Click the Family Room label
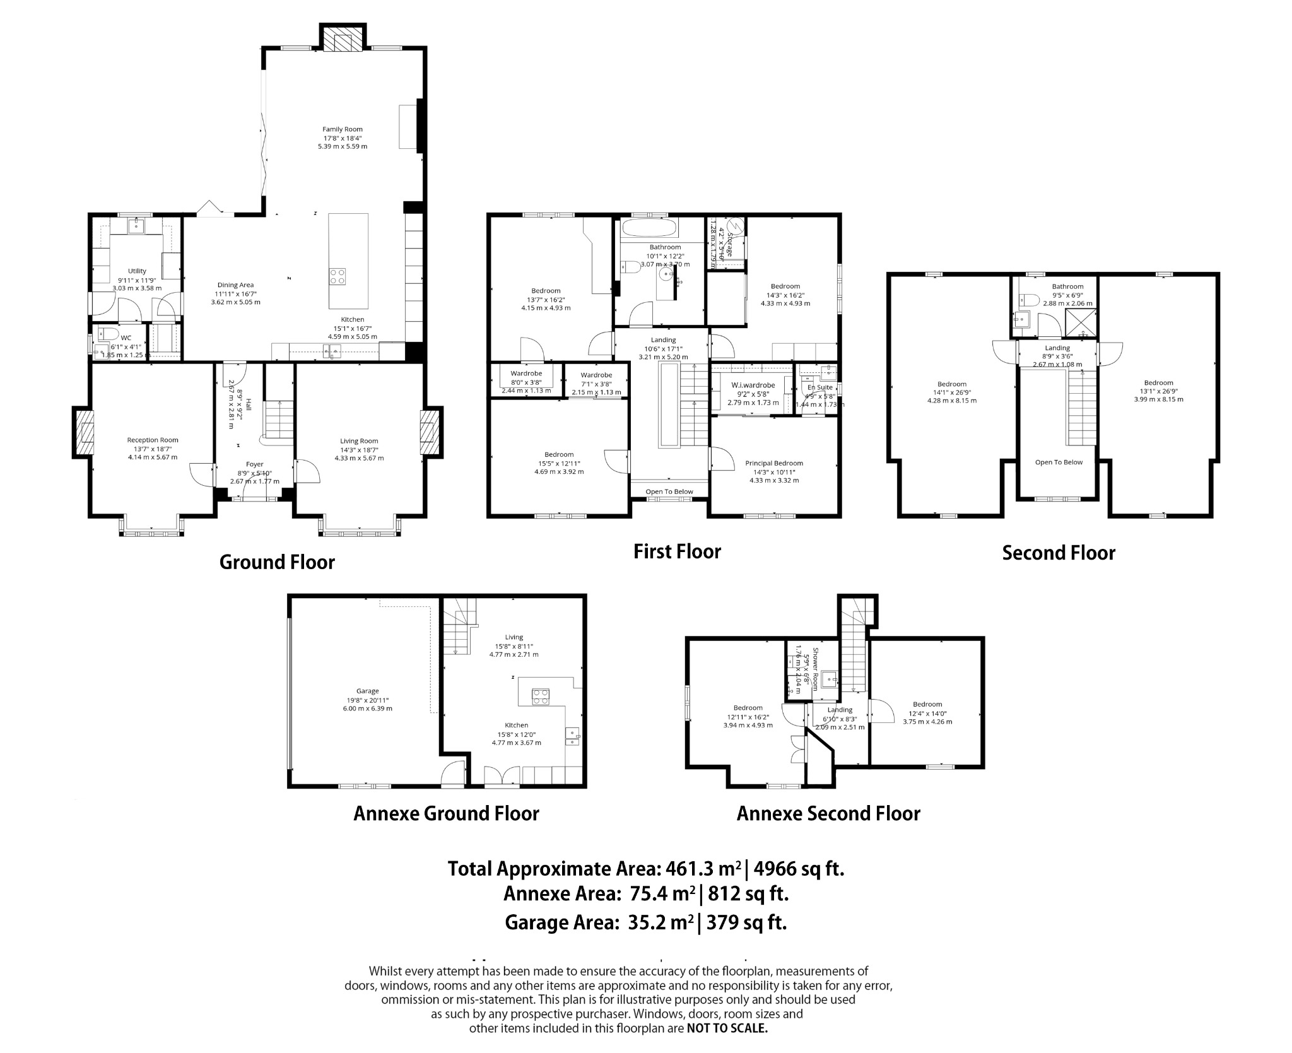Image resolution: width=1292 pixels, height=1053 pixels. pyautogui.click(x=343, y=129)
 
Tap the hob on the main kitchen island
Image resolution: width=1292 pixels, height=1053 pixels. pyautogui.click(x=338, y=276)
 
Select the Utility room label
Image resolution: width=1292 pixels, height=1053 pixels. pyautogui.click(x=137, y=271)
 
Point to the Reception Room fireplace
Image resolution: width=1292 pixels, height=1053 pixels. pyautogui.click(x=83, y=432)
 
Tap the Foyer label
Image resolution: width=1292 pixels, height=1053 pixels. pyautogui.click(x=254, y=464)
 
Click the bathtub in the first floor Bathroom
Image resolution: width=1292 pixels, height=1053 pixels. pyautogui.click(x=649, y=228)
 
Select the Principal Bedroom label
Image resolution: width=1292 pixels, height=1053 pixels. pyautogui.click(x=774, y=463)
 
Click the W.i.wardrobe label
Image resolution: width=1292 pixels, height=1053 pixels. pyautogui.click(x=753, y=385)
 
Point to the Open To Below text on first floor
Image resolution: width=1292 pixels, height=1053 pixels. pyautogui.click(x=669, y=492)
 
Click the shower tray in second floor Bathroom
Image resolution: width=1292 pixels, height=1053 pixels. pyautogui.click(x=1080, y=322)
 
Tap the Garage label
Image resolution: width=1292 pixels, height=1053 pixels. pyautogui.click(x=367, y=691)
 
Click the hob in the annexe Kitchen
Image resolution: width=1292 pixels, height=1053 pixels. pyautogui.click(x=541, y=697)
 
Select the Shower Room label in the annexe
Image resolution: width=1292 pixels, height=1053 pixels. pyautogui.click(x=815, y=669)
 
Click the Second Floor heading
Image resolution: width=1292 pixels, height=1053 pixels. pyautogui.click(x=1058, y=553)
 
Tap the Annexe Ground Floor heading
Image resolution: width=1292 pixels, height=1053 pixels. pyautogui.click(x=446, y=814)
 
